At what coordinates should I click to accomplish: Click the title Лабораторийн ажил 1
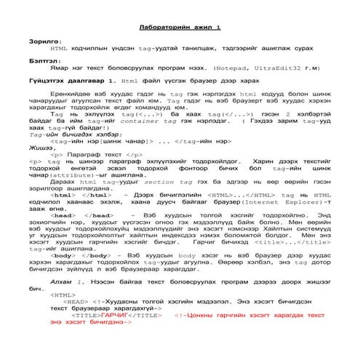pyautogui.click(x=180, y=27)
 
